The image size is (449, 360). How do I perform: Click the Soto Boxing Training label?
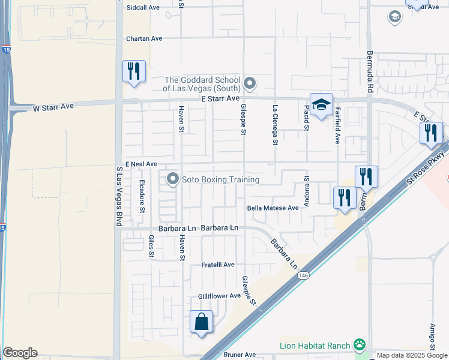click(221, 179)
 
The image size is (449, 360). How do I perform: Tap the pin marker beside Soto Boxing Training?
click(173, 179)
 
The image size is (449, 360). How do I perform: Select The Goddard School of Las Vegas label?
click(202, 84)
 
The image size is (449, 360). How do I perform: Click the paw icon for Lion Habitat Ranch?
click(360, 344)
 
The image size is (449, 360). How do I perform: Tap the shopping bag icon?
click(202, 322)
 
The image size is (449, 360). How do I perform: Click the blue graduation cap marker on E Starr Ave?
click(321, 105)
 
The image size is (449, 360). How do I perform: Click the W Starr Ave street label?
click(53, 107)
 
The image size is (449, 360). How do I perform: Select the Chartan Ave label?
click(144, 38)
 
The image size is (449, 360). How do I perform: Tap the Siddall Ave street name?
click(143, 8)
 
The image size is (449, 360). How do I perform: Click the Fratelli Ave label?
click(217, 265)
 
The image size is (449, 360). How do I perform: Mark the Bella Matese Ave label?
click(273, 208)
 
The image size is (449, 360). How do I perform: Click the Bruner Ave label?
click(240, 355)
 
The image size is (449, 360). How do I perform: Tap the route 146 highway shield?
click(304, 275)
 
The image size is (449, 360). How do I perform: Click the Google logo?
click(20, 353)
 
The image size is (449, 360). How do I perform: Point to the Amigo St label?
click(432, 336)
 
